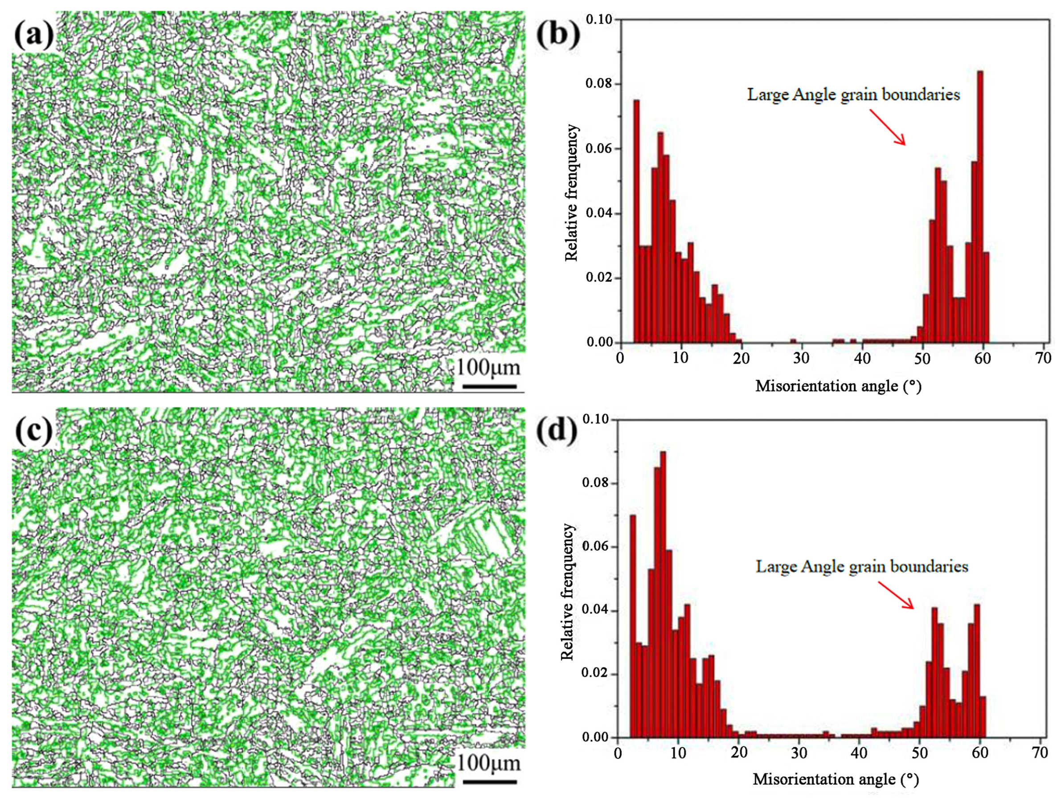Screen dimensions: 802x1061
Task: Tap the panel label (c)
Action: point(33,431)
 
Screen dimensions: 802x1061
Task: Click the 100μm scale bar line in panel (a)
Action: point(489,386)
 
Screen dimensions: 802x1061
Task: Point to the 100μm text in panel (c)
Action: point(488,763)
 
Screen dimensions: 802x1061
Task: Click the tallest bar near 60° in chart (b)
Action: point(980,206)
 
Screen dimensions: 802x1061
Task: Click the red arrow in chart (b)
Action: point(887,127)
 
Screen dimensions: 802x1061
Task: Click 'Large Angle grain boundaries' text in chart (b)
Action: point(853,94)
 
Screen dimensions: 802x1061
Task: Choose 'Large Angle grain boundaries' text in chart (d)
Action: point(862,566)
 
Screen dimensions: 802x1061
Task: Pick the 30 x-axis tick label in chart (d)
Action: point(799,753)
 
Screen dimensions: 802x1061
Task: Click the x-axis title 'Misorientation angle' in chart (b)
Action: point(838,386)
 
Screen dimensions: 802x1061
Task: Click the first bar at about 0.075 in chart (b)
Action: point(636,221)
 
